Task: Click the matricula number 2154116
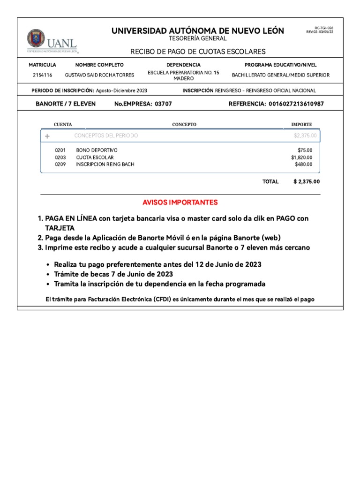click(x=42, y=75)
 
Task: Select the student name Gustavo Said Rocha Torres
click(x=99, y=75)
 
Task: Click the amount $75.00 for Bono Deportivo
click(x=305, y=150)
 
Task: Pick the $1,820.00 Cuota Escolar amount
click(x=301, y=157)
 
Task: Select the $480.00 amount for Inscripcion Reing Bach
click(x=303, y=165)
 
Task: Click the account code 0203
click(x=60, y=157)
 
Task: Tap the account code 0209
click(x=60, y=165)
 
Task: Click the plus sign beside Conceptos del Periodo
click(x=47, y=136)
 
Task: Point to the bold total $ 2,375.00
click(x=307, y=181)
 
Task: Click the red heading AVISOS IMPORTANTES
click(x=180, y=202)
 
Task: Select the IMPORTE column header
click(x=301, y=125)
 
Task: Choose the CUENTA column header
click(x=63, y=125)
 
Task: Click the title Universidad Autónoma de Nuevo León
click(x=197, y=31)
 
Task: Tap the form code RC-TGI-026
click(x=323, y=28)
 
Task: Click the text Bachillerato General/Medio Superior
click(x=281, y=75)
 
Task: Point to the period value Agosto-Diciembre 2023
click(x=121, y=90)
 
